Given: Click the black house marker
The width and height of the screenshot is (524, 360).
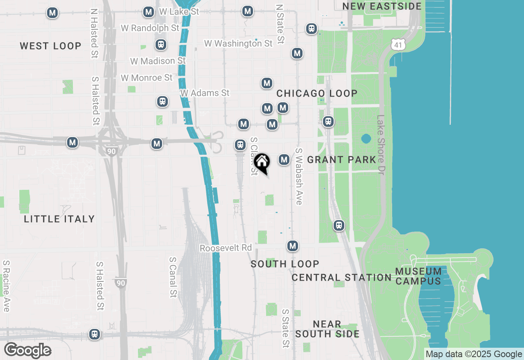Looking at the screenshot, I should [x=262, y=162].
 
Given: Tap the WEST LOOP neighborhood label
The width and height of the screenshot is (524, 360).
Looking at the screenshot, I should [x=51, y=46].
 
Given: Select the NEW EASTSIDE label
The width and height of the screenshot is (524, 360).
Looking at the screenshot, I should [x=382, y=6].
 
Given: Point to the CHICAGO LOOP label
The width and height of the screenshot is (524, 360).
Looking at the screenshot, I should [x=317, y=93].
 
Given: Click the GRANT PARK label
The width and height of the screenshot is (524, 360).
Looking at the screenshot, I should [x=341, y=160].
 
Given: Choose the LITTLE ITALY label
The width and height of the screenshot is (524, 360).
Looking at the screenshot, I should [x=59, y=219].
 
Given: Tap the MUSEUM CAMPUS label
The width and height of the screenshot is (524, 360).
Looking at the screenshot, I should [x=418, y=276].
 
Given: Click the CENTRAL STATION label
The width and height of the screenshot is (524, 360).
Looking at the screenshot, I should [x=341, y=277].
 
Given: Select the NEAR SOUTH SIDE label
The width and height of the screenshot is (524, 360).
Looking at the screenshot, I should [x=327, y=329].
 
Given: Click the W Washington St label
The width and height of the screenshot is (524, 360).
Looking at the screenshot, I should [x=238, y=43].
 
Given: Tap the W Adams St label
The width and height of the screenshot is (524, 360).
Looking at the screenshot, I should [x=205, y=93].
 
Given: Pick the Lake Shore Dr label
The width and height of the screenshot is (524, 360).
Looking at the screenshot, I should [x=381, y=145].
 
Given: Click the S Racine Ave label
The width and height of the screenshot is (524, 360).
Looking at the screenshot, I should [x=6, y=286].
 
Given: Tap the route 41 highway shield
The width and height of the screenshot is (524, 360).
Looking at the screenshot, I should [x=398, y=44].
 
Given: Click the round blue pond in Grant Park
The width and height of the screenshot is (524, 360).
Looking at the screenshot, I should [x=366, y=139].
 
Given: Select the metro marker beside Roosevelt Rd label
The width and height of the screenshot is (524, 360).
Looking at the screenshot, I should [x=292, y=246].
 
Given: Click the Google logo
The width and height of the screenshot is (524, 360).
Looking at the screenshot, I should [x=27, y=350].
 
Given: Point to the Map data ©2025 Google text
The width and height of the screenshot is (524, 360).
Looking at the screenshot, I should [x=474, y=354].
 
